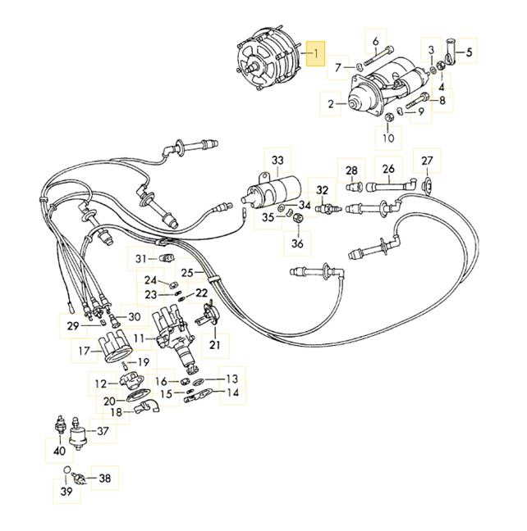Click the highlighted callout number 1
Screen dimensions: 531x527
point(315,54)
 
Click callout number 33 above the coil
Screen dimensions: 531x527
point(277,159)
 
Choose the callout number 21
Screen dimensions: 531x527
point(215,346)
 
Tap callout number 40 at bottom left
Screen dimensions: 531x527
point(59,451)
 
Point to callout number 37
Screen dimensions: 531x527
point(103,431)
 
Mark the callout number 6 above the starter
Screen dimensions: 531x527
point(376,41)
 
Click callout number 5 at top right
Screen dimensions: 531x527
point(470,53)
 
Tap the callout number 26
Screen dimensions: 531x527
point(388,170)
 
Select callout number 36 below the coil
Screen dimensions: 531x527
point(297,243)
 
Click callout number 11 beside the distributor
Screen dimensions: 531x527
point(140,338)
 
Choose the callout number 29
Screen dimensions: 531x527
point(71,326)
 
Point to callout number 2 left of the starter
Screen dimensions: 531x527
point(331,104)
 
